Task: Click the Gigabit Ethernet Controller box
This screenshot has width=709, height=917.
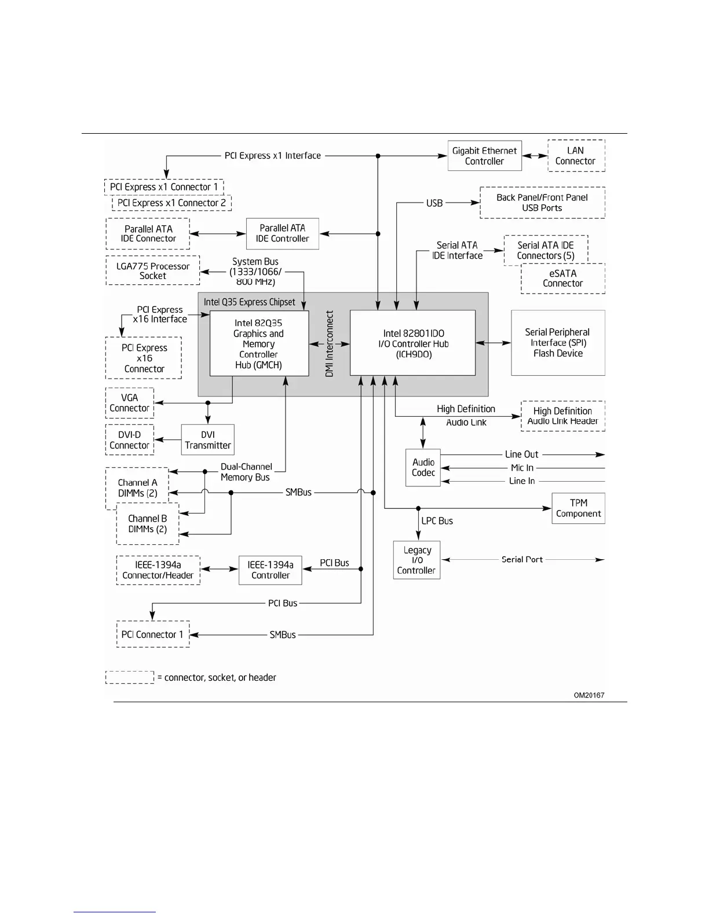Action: click(x=484, y=156)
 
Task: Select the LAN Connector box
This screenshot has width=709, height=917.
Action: click(x=576, y=156)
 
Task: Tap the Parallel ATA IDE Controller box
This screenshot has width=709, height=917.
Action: click(x=282, y=233)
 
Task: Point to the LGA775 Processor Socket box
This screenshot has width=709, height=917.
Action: click(x=153, y=270)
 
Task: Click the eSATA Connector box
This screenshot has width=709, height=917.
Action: click(x=562, y=278)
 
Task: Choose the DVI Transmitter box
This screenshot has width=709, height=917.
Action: click(x=207, y=440)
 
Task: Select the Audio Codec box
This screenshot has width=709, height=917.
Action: click(x=423, y=467)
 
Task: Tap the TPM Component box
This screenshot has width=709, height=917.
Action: click(x=578, y=508)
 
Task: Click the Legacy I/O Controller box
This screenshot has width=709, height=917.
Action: click(x=416, y=560)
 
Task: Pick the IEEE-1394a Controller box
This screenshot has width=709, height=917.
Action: click(x=270, y=570)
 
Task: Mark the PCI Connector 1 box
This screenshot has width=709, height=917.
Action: click(x=153, y=634)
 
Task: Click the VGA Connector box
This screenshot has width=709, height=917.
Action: click(x=129, y=403)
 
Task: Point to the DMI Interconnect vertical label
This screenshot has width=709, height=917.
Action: click(x=330, y=344)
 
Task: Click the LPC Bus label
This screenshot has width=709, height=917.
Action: click(x=437, y=521)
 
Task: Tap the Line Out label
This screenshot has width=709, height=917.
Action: click(x=521, y=454)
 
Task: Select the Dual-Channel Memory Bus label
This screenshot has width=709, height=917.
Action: click(x=246, y=472)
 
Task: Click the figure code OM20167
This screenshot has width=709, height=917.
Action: click(x=589, y=695)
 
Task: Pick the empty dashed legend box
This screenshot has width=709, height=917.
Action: click(x=130, y=677)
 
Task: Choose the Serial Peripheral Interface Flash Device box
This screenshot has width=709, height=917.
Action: click(x=558, y=343)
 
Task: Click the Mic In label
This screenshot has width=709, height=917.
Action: click(x=522, y=468)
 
